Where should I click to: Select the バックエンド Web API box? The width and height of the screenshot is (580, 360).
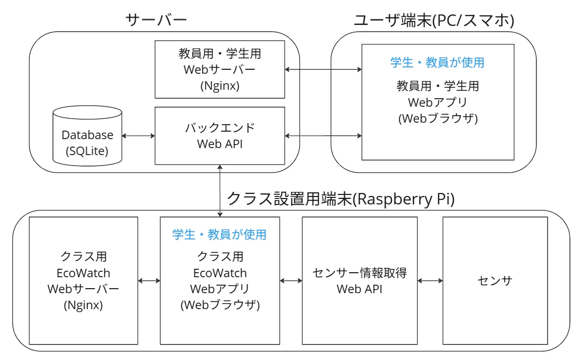coord(219,136)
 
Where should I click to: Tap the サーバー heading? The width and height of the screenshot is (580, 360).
coord(156,19)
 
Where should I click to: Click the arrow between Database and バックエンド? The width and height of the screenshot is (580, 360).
coord(139,135)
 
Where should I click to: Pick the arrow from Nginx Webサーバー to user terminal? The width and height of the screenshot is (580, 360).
coord(323,69)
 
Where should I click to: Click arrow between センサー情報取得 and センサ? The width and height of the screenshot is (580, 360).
coord(430,281)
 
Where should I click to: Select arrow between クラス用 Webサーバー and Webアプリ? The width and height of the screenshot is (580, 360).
coord(149,281)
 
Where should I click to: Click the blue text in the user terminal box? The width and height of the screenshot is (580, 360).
coord(437,63)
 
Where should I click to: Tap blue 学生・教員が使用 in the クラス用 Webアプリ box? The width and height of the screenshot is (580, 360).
coord(219,234)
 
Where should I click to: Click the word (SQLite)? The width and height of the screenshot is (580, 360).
coord(87,150)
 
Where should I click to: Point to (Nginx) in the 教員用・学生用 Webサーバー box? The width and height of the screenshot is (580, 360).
coord(219,86)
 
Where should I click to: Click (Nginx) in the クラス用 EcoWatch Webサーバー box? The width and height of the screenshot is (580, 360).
coord(83,305)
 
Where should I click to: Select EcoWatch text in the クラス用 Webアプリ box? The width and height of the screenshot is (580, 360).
coord(219,273)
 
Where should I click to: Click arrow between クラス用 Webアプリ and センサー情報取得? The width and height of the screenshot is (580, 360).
coord(291,281)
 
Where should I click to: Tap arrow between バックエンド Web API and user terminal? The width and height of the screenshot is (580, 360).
coord(323,135)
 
